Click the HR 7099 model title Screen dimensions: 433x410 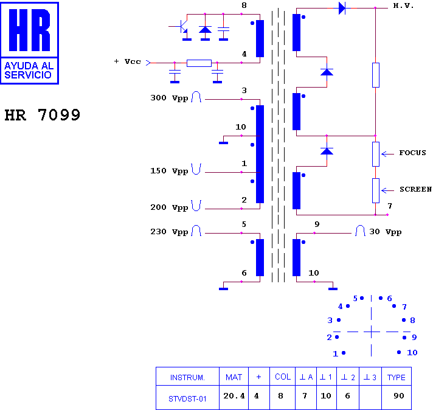[x=42, y=115]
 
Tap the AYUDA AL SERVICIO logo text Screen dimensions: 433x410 [x=29, y=71]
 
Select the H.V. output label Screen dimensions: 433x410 [x=403, y=6]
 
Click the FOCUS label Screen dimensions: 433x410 [x=412, y=153]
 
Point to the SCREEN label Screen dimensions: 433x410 [x=415, y=189]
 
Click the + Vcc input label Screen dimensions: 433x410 [x=127, y=61]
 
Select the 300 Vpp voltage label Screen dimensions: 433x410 [x=169, y=98]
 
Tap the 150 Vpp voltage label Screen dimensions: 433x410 [x=169, y=171]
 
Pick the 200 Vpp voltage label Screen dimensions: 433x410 [x=169, y=207]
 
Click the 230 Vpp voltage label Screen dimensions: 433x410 [x=169, y=232]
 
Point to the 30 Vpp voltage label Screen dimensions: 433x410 [x=386, y=232]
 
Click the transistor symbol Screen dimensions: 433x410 [x=180, y=27]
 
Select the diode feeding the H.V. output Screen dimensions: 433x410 [x=342, y=8]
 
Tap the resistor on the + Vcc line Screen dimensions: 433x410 [x=199, y=63]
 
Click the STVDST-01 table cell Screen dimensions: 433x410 [x=187, y=398]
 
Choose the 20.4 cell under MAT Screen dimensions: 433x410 [x=234, y=396]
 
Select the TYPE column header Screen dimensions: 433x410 [x=397, y=377]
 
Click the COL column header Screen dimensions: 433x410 [x=283, y=377]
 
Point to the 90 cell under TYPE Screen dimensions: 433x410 [x=399, y=396]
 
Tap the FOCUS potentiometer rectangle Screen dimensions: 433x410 [x=376, y=154]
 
